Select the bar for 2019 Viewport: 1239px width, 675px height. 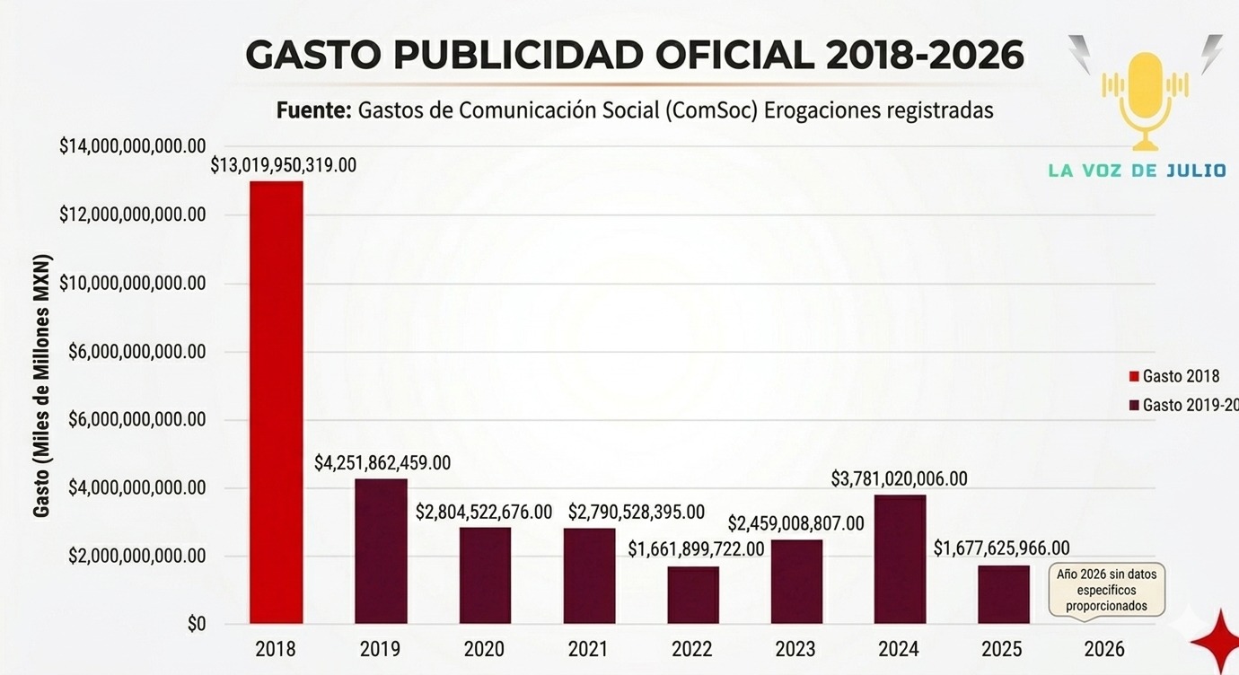tap(381, 551)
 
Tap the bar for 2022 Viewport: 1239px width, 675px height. tap(693, 594)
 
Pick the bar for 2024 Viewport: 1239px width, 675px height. tap(900, 558)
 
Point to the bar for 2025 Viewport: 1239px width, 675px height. tap(1004, 594)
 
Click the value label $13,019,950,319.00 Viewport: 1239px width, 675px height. tap(284, 165)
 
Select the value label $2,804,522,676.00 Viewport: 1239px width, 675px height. tap(484, 512)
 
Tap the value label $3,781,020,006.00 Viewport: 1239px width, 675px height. tap(900, 478)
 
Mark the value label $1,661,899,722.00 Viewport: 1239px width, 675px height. tap(696, 548)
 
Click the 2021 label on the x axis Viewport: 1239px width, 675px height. tap(588, 649)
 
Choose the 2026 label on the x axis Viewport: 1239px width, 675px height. tap(1104, 649)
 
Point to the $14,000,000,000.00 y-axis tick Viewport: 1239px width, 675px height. tap(132, 146)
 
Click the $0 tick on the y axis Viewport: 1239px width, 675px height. tap(196, 625)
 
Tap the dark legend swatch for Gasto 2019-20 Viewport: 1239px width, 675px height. tap(1134, 406)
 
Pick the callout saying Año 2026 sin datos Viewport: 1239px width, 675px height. tap(1106, 591)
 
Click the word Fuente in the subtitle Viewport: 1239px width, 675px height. tap(312, 110)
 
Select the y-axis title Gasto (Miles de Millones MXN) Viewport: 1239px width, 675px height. tap(42, 386)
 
